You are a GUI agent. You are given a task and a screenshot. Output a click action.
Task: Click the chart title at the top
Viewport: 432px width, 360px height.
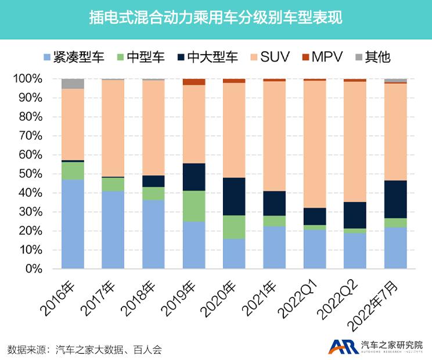point(216,19)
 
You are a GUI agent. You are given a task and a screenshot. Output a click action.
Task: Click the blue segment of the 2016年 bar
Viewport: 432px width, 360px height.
point(73,224)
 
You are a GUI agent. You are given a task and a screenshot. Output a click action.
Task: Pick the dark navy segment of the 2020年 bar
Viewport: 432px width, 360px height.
point(234,196)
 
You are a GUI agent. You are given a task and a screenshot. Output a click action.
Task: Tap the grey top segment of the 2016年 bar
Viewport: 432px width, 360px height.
point(73,84)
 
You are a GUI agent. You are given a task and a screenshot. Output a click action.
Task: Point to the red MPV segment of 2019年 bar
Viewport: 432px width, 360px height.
point(194,82)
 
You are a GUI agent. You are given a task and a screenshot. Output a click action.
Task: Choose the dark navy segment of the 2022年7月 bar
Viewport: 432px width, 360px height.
point(395,199)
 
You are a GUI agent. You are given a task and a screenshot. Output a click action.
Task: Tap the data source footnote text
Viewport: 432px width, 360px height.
point(84,350)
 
